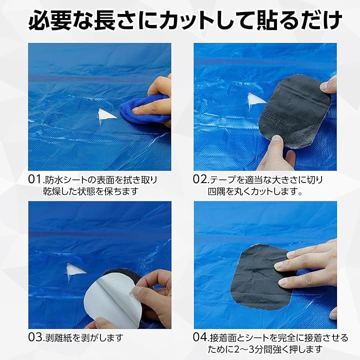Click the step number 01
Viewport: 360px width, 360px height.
(35, 179)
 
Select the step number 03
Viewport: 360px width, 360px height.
(35, 337)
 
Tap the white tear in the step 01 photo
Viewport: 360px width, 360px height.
(106, 115)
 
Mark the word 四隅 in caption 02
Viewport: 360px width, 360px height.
(216, 191)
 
